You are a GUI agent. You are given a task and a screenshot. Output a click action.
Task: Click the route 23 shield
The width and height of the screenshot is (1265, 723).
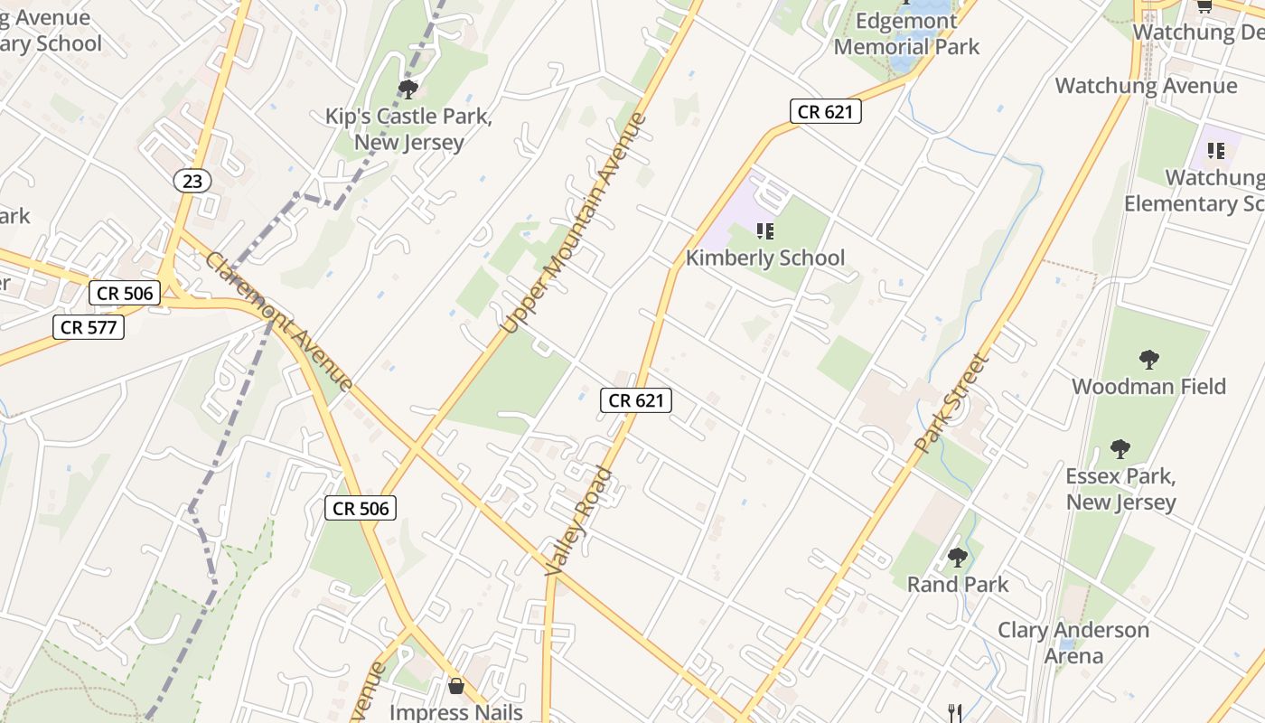click(x=192, y=181)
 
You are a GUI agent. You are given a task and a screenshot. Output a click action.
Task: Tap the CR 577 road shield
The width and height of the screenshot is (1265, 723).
click(x=88, y=326)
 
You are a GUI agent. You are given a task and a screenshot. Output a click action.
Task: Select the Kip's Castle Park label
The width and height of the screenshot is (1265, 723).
click(x=408, y=129)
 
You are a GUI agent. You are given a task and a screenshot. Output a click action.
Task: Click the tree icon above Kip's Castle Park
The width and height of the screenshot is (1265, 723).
click(x=408, y=89)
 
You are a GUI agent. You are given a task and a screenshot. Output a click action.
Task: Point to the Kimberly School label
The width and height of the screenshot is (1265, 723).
click(x=765, y=258)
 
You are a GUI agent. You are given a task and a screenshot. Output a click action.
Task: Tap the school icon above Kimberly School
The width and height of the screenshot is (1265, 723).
click(x=765, y=231)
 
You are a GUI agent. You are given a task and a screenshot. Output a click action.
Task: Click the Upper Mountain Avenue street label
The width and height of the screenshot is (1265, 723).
click(x=575, y=222)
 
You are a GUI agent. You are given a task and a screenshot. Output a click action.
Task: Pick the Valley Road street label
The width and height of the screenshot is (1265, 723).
click(x=580, y=521)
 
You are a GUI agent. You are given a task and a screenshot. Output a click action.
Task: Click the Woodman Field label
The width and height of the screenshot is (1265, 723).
click(x=1148, y=387)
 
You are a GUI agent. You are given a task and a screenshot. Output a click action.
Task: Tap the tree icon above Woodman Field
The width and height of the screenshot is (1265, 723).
click(x=1148, y=360)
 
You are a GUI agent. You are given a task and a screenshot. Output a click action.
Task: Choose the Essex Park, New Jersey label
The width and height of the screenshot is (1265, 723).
click(x=1121, y=489)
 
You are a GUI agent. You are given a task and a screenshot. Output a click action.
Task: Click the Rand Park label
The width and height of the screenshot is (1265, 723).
click(x=958, y=584)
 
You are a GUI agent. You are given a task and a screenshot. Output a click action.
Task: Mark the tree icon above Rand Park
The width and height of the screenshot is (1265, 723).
click(x=958, y=557)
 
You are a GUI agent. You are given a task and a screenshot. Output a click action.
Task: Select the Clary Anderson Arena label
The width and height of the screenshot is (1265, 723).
click(x=1073, y=642)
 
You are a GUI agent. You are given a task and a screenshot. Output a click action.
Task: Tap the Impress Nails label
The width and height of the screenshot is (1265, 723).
click(x=455, y=711)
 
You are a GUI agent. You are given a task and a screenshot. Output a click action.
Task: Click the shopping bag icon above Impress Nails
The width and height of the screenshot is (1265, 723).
click(x=455, y=686)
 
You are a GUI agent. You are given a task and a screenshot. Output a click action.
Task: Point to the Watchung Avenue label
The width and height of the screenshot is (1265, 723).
click(x=1146, y=86)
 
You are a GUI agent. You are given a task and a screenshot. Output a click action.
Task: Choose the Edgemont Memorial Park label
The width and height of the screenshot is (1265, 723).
click(x=906, y=33)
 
